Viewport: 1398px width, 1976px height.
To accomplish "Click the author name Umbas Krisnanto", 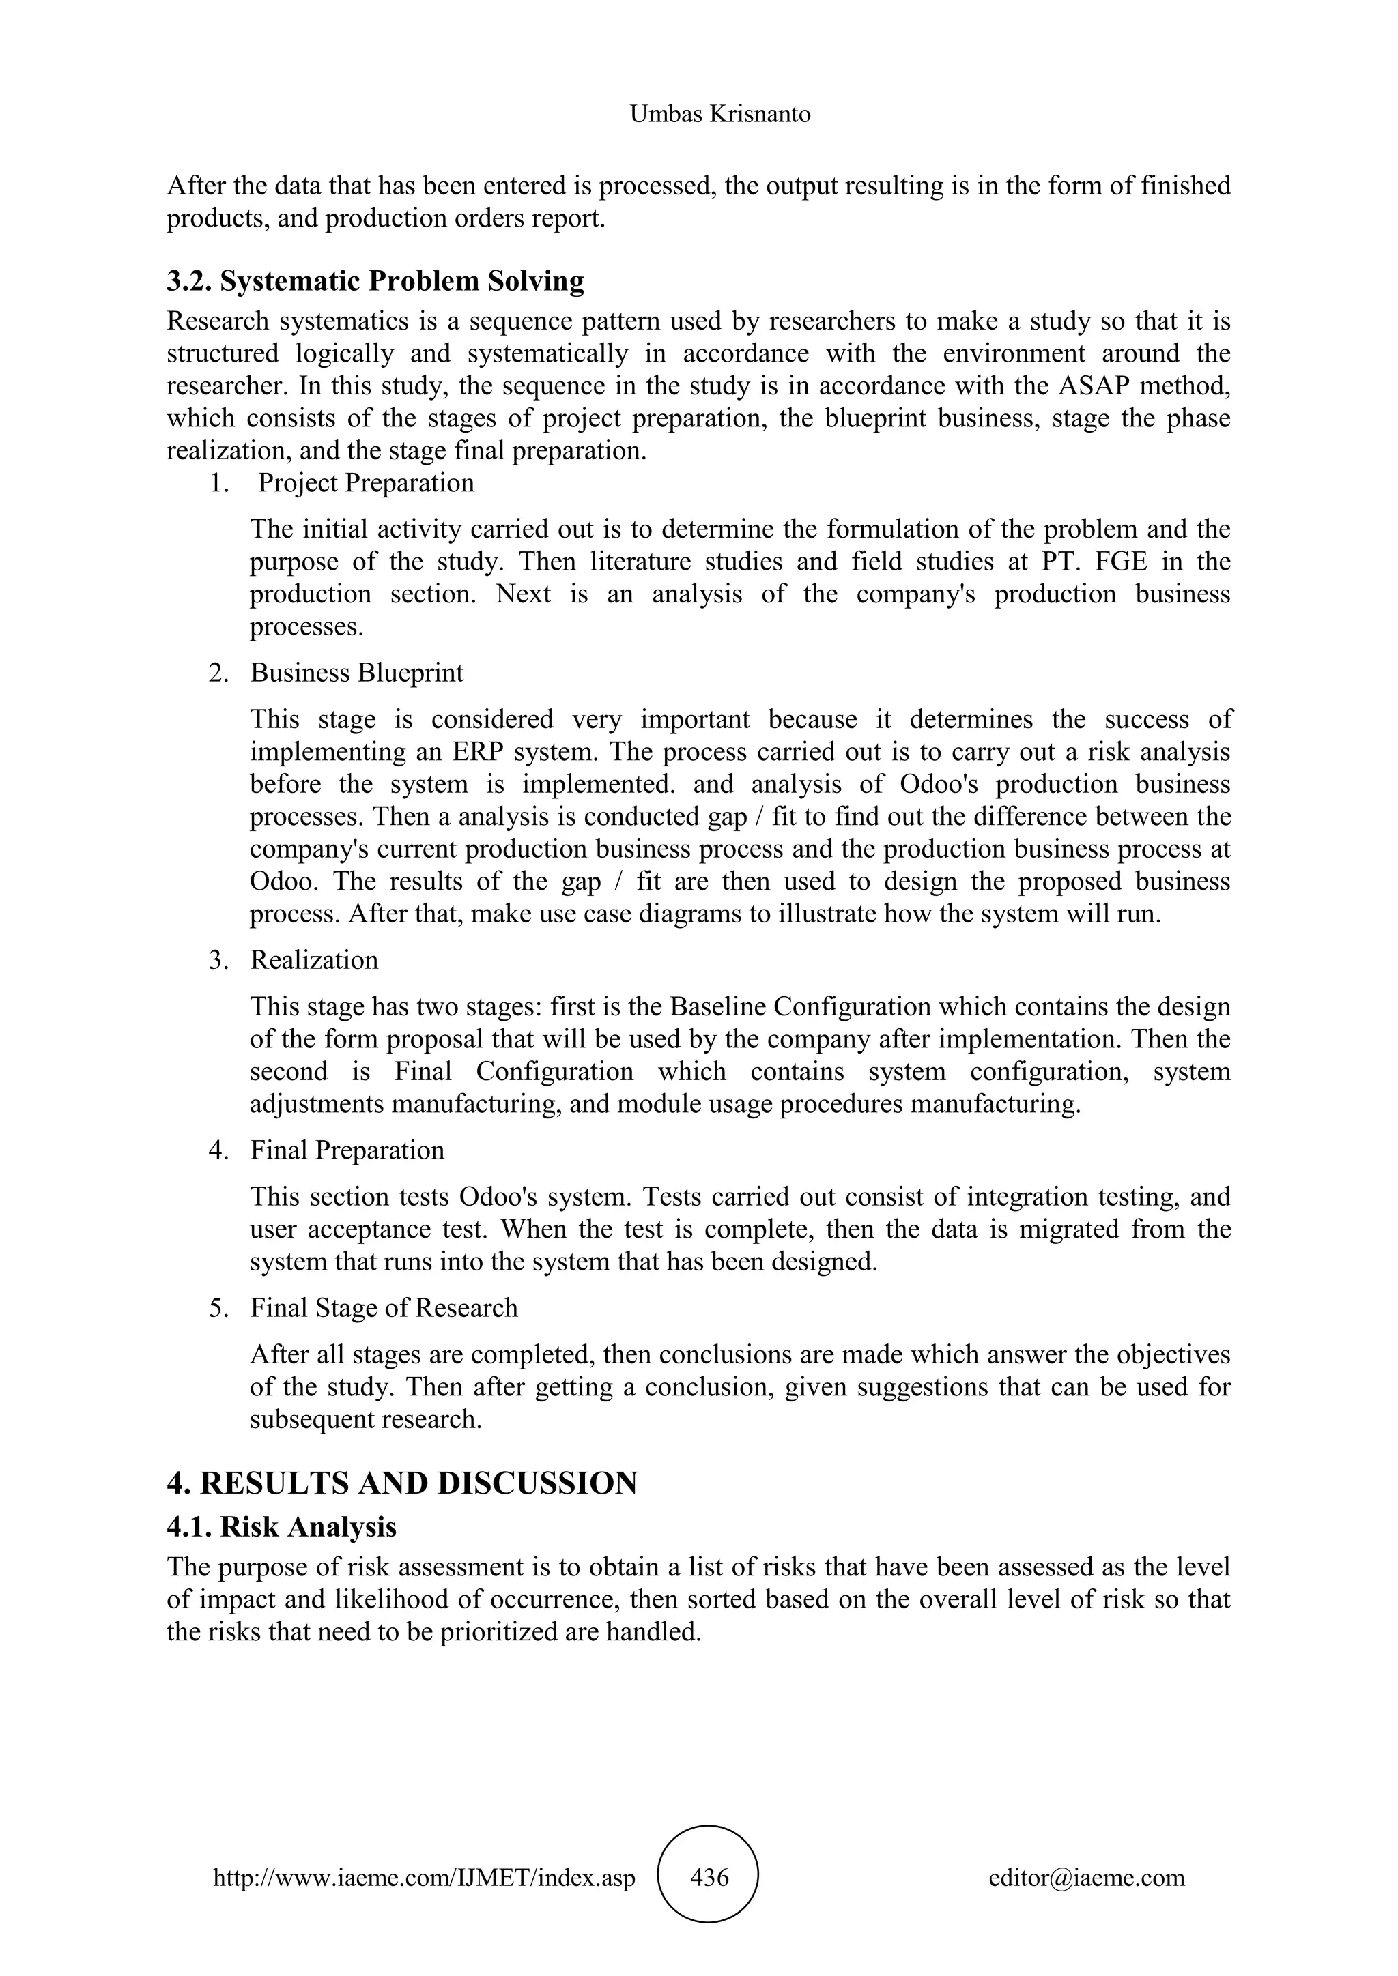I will (719, 115).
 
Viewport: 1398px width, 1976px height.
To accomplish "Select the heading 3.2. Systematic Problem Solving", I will (375, 281).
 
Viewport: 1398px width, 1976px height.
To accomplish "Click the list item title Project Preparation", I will (366, 483).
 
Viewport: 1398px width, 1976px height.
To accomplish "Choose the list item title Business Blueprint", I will (356, 673).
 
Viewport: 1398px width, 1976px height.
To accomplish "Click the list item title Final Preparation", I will (347, 1150).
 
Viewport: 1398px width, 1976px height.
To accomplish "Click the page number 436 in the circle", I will (709, 1878).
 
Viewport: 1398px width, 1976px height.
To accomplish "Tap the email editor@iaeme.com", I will (1086, 1878).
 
